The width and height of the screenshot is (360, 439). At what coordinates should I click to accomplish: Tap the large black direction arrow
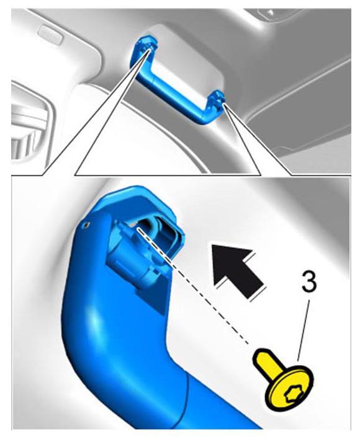[238, 268]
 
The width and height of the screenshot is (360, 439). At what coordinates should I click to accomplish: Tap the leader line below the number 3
[304, 330]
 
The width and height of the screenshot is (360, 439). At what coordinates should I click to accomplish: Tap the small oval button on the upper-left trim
[50, 34]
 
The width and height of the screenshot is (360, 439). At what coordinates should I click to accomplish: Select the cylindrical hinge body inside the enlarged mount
[132, 252]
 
